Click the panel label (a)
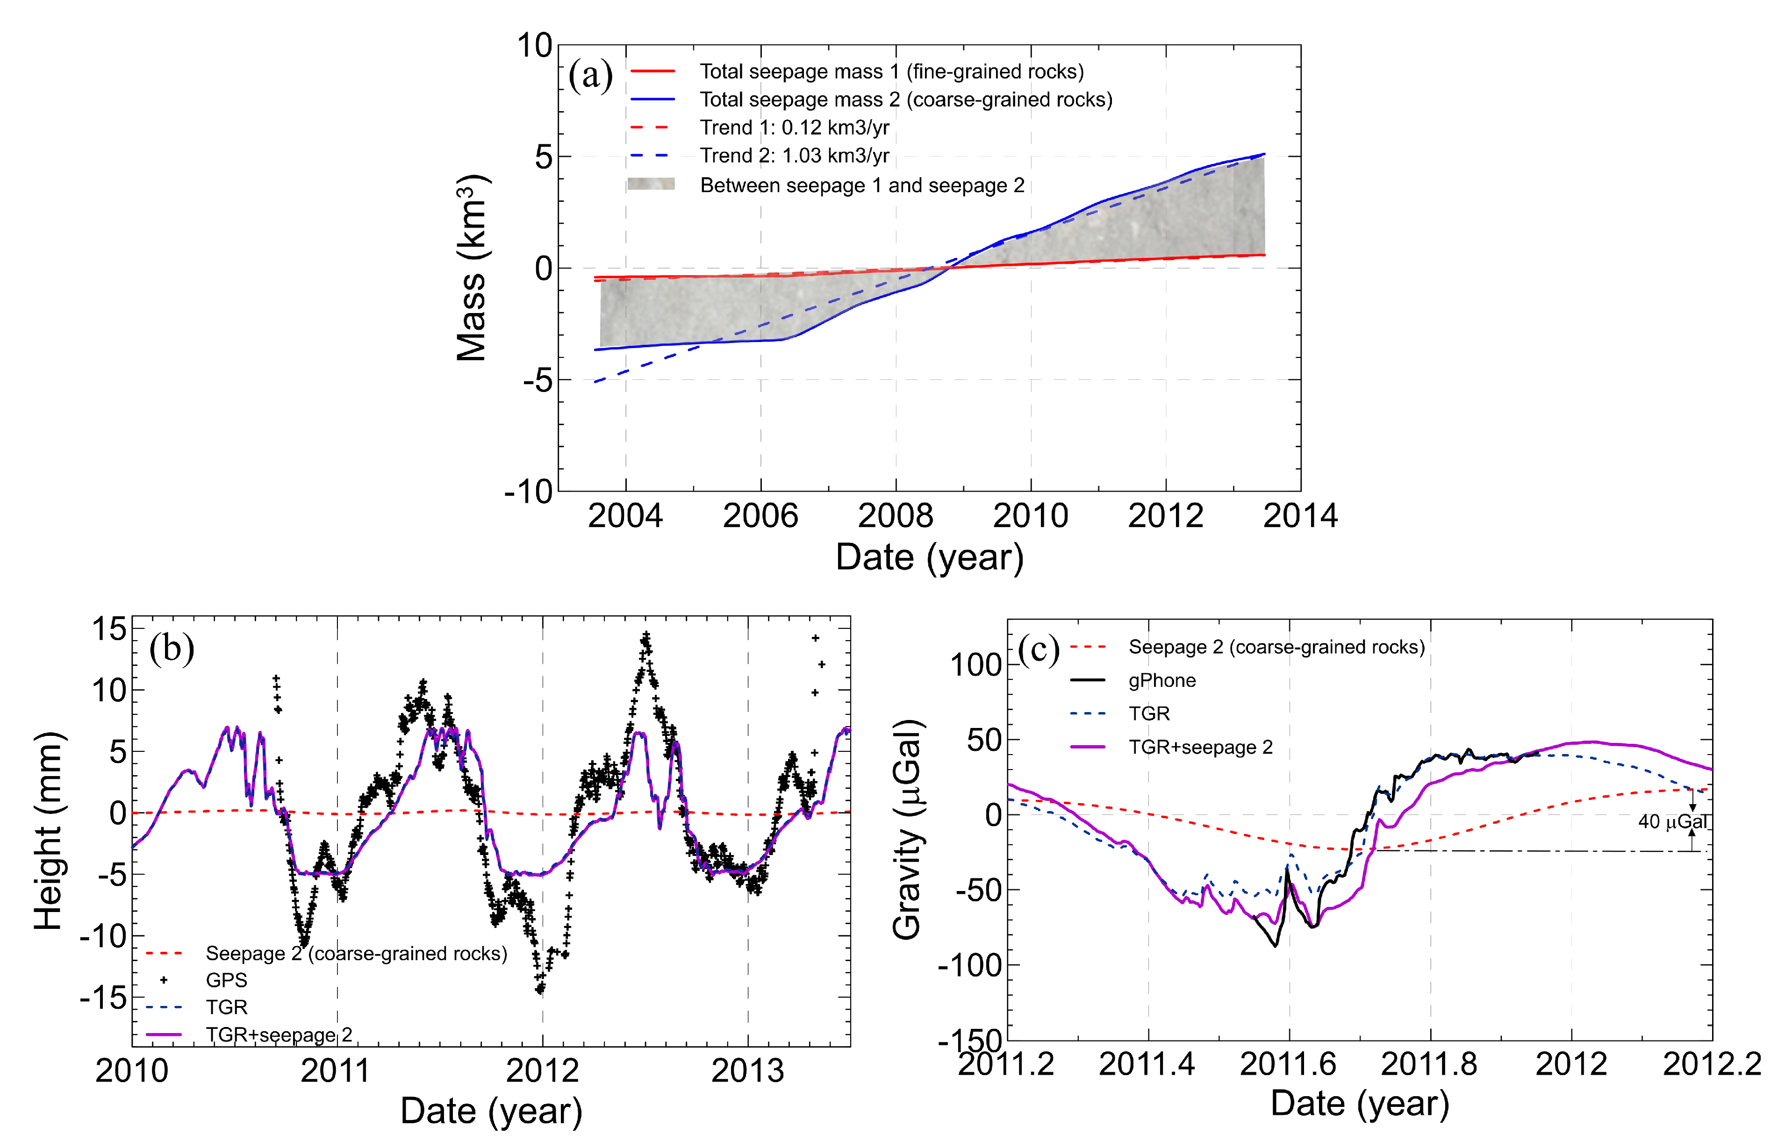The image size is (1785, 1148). click(590, 75)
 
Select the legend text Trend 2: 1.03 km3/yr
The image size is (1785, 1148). click(794, 156)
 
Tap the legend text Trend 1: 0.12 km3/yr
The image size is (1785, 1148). click(794, 128)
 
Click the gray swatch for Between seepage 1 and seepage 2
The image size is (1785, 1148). click(651, 184)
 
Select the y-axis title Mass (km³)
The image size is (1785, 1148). click(472, 268)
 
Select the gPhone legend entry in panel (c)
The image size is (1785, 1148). click(1161, 681)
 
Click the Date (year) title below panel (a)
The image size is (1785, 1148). click(929, 557)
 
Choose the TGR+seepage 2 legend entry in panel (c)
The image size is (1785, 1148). click(1200, 747)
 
